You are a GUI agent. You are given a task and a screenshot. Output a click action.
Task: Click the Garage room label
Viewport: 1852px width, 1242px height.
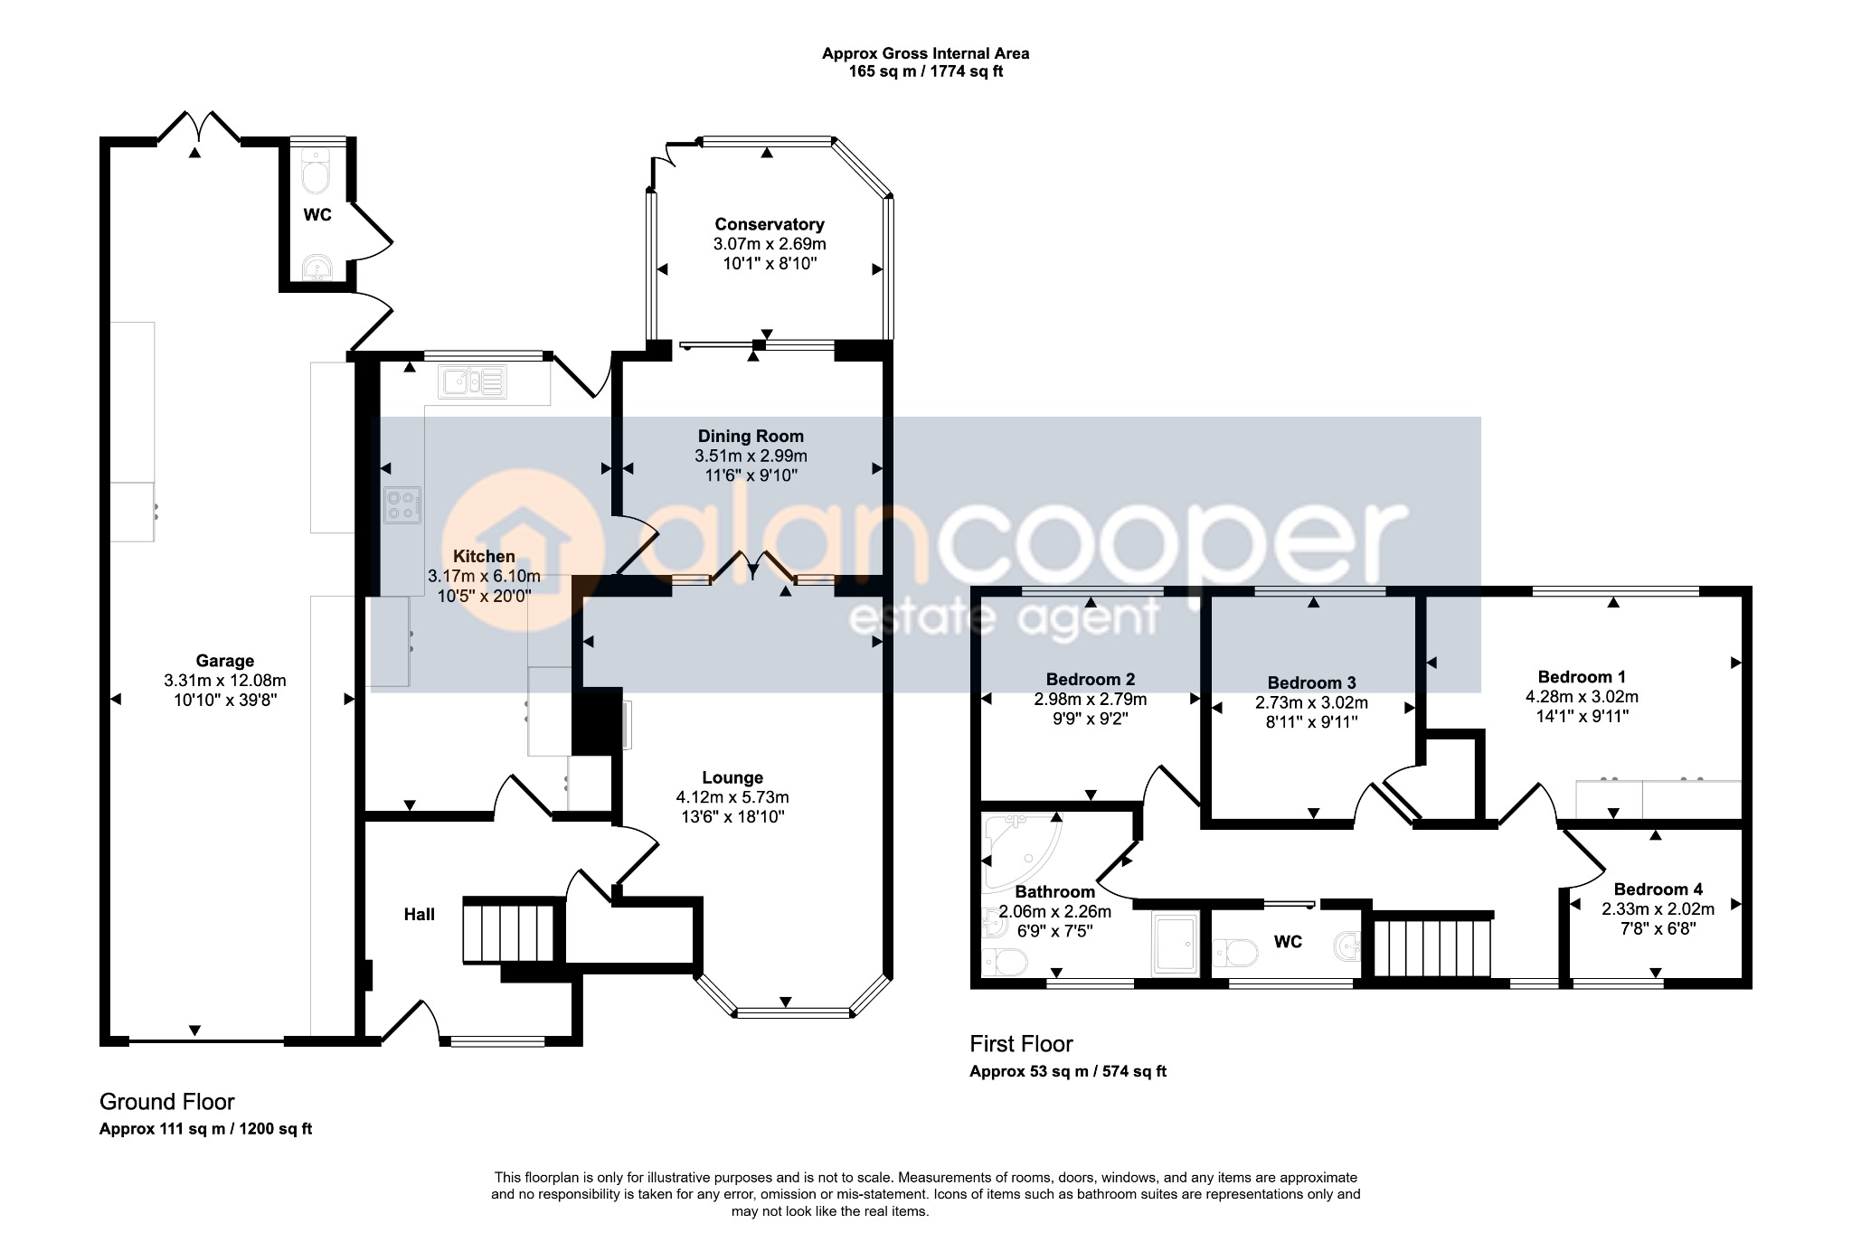[x=225, y=661]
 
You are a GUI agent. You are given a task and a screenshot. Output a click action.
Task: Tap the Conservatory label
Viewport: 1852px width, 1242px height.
[x=770, y=224]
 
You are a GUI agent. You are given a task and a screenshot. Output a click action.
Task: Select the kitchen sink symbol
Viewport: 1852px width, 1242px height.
[x=472, y=381]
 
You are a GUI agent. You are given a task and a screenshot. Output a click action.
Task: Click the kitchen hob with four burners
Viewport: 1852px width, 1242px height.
[x=402, y=505]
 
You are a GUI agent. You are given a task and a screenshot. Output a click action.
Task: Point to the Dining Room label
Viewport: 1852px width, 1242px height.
[x=751, y=436]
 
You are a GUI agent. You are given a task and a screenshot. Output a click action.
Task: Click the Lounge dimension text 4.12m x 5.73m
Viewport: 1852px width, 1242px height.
[x=732, y=797]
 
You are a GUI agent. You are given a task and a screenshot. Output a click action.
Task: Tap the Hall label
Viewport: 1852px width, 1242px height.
[x=420, y=915]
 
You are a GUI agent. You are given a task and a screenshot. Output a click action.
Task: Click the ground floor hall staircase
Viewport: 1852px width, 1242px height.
[x=508, y=931]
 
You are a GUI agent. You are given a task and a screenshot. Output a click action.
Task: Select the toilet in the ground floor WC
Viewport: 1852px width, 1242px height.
[x=316, y=173]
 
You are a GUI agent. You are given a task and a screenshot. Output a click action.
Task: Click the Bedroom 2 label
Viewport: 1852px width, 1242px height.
[x=1091, y=680]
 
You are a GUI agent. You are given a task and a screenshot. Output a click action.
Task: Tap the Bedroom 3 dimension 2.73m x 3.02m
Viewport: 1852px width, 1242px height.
[x=1311, y=702]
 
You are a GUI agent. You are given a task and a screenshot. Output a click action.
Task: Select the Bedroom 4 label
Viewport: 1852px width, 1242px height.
[x=1658, y=889]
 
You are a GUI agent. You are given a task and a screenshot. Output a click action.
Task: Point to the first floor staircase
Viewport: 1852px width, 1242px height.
[x=1432, y=948]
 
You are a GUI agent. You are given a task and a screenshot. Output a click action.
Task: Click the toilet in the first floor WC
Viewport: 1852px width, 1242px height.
[x=1235, y=952]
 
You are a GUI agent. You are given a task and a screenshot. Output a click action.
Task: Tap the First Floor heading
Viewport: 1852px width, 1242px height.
[x=1021, y=1044]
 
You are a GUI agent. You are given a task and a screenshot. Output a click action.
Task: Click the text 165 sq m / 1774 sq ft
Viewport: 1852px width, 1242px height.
[x=925, y=71]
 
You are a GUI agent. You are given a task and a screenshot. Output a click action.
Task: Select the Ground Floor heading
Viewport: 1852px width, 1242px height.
[x=166, y=1102]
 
